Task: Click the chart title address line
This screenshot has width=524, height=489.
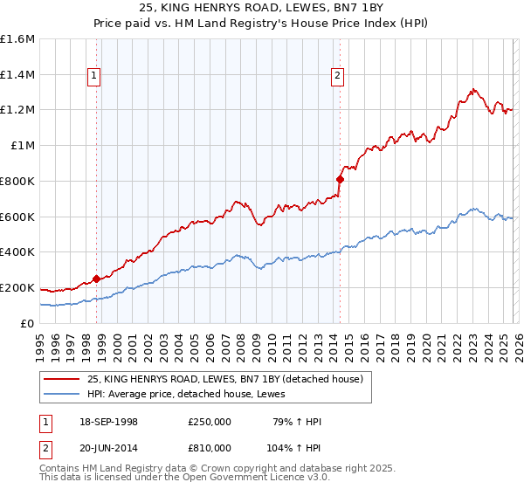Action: (261, 8)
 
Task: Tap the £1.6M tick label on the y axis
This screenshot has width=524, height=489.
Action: (17, 39)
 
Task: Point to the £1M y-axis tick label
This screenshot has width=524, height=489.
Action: (22, 146)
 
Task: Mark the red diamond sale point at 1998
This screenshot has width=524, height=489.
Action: (96, 279)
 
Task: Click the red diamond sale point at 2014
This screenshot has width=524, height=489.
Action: (340, 179)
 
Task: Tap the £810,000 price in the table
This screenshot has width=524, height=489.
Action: (209, 447)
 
